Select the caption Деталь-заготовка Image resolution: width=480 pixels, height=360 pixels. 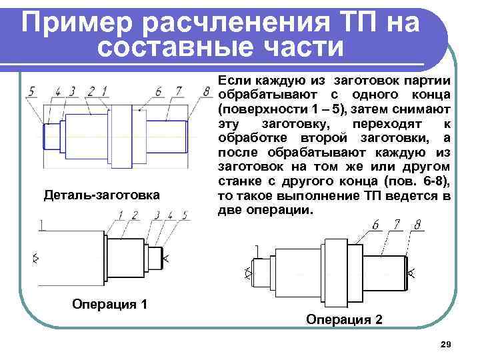tap(101, 195)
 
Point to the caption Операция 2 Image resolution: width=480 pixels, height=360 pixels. tap(344, 319)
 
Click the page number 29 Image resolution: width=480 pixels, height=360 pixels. tap(446, 344)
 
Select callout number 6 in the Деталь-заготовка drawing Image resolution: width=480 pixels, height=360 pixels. tap(157, 91)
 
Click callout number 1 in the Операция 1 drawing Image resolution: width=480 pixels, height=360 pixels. tap(121, 215)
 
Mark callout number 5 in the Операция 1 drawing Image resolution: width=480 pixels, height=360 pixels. tap(185, 215)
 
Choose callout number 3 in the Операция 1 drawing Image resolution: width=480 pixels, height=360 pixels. tap(157, 215)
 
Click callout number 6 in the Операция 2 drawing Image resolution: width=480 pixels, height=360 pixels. tap(375, 225)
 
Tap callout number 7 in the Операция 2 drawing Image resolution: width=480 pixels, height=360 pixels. tap(397, 225)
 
